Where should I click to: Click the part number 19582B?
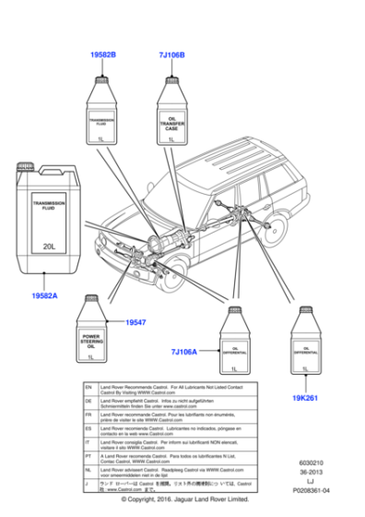[102, 54]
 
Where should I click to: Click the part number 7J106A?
[183, 352]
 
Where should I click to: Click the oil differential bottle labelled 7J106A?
[235, 342]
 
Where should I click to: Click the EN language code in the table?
[88, 390]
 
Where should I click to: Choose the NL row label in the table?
[88, 471]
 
